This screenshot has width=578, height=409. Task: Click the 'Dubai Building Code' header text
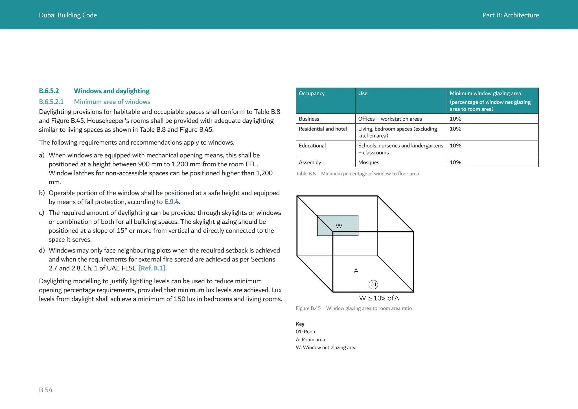[68, 15]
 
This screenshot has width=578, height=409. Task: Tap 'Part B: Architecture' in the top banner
[510, 15]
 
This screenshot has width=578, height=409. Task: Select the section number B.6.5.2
[49, 91]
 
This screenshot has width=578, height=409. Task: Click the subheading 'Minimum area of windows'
[112, 102]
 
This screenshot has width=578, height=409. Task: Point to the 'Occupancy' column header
[312, 93]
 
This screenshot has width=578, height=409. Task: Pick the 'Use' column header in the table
[363, 93]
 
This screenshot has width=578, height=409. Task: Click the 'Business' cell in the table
[309, 119]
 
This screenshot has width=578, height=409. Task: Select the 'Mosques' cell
[369, 162]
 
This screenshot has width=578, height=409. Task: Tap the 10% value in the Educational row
[455, 146]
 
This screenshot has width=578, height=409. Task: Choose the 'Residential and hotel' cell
[323, 129]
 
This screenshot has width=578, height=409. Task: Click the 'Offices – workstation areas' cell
[390, 119]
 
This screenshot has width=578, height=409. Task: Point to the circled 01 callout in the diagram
[373, 284]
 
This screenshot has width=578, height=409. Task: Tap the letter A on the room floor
[356, 271]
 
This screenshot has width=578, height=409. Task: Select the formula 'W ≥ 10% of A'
[379, 298]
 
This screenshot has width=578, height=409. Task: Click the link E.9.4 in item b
[171, 202]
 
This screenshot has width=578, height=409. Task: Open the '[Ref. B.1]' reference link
[152, 268]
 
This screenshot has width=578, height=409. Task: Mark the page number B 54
[46, 390]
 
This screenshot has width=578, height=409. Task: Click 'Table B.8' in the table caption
[305, 174]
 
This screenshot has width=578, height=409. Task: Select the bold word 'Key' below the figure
[300, 324]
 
